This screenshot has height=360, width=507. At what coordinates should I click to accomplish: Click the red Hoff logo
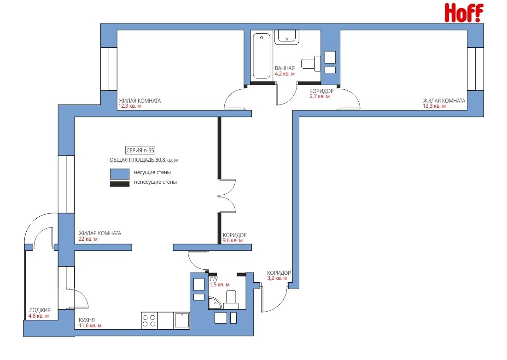point(464,13)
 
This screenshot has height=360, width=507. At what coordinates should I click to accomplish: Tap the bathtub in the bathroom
point(261,56)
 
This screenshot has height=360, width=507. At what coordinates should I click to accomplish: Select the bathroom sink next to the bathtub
point(286,37)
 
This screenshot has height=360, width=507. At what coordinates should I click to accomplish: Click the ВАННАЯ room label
point(285,68)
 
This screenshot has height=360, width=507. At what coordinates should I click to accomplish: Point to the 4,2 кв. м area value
point(285,74)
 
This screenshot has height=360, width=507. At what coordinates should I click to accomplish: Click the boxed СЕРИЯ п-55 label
point(140,150)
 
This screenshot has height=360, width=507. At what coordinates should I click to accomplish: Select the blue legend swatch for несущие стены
point(120,174)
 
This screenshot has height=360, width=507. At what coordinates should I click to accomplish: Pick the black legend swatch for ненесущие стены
point(120,184)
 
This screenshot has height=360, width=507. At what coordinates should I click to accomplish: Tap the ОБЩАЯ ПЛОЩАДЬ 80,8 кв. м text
point(144,160)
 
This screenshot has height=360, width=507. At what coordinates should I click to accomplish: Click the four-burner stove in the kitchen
point(149,321)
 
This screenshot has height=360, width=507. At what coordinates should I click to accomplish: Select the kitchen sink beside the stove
point(182,321)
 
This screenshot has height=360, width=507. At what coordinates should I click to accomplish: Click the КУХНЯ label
point(87,320)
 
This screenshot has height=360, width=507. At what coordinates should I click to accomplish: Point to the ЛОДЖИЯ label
point(40,310)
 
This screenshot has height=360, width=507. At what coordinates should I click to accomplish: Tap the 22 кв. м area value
point(88,239)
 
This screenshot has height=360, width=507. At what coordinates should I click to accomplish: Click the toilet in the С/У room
point(231,300)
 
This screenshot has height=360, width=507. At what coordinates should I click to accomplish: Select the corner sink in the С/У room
point(214,304)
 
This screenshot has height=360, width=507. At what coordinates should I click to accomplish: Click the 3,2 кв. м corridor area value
point(277,278)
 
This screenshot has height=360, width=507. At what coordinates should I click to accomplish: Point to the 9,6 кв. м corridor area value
point(233,240)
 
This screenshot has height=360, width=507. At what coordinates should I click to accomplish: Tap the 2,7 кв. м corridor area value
point(320,96)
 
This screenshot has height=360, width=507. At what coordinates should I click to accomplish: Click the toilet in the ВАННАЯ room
point(311,64)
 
